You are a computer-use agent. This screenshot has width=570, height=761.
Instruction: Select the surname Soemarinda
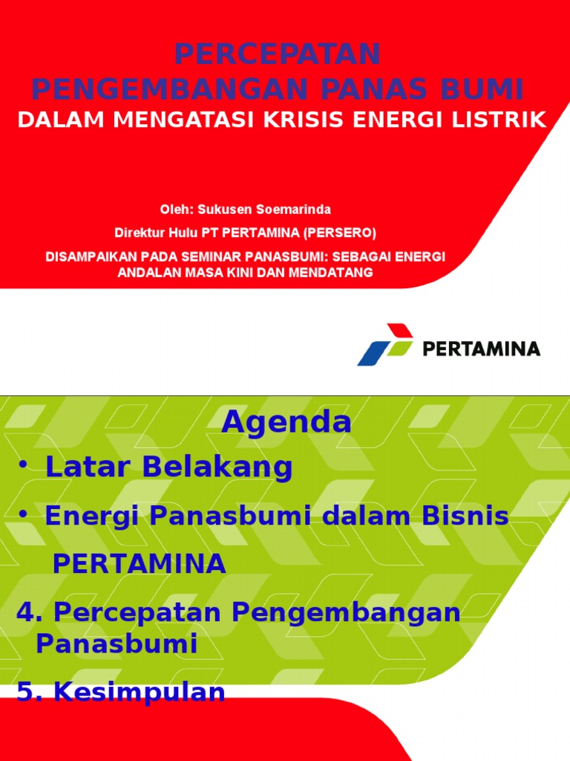[x=292, y=210]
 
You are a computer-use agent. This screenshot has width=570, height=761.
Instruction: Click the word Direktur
[x=138, y=233]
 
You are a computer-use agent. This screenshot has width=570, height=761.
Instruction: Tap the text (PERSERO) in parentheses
[x=339, y=233]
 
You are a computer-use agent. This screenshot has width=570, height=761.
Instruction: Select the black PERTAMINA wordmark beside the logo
[x=481, y=349]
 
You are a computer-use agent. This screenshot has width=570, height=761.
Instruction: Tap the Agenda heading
[x=286, y=422]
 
